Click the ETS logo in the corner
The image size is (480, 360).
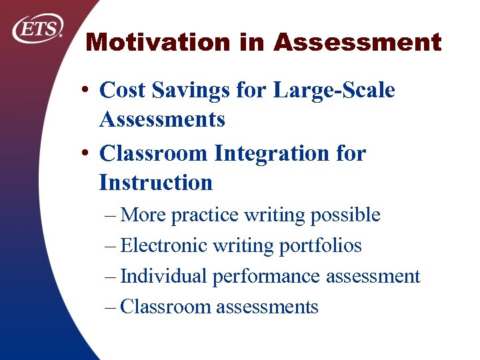click(39, 29)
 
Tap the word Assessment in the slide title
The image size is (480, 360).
click(357, 43)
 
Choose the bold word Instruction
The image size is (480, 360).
click(155, 182)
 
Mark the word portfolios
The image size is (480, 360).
click(320, 246)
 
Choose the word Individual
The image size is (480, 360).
click(163, 276)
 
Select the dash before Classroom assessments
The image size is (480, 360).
click(111, 307)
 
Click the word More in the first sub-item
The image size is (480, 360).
click(145, 215)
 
